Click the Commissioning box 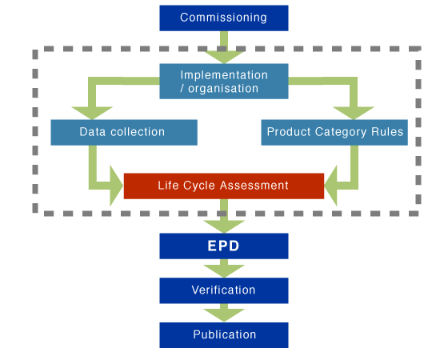223,18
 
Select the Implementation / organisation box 223,82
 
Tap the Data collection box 123,132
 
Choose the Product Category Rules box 334,132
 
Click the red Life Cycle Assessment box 223,186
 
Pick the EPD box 223,246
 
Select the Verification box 223,290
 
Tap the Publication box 223,335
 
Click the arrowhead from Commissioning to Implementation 223,56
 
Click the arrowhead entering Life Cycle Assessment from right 335,186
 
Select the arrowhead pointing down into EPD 223,226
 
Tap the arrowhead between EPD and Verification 223,271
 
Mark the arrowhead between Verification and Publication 223,315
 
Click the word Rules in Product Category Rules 386,132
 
